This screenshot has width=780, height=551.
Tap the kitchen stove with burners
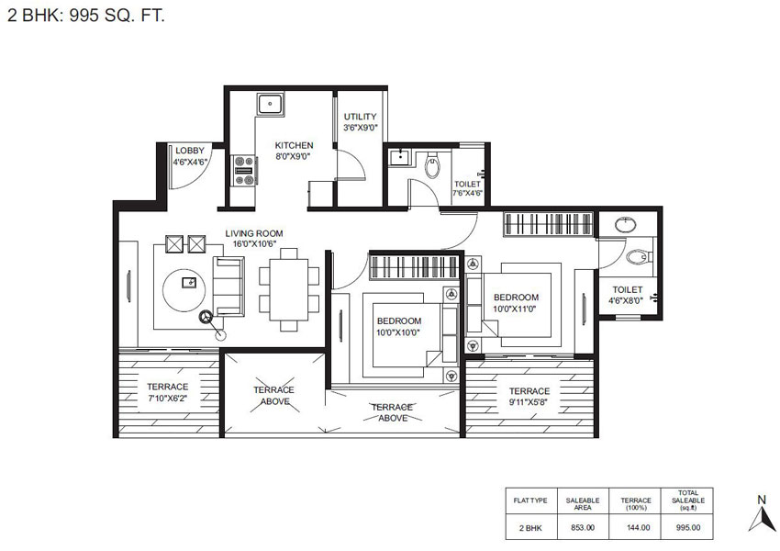(x=245, y=164)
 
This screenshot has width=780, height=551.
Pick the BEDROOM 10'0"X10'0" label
(x=398, y=326)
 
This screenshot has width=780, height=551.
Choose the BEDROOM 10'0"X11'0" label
(x=515, y=303)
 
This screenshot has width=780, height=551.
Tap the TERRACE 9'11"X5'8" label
(x=529, y=396)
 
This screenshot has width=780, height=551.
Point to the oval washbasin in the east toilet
(x=625, y=223)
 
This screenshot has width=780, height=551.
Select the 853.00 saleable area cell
(x=583, y=527)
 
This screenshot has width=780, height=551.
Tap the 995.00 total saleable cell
(x=688, y=527)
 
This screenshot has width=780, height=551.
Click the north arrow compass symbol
(x=759, y=517)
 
